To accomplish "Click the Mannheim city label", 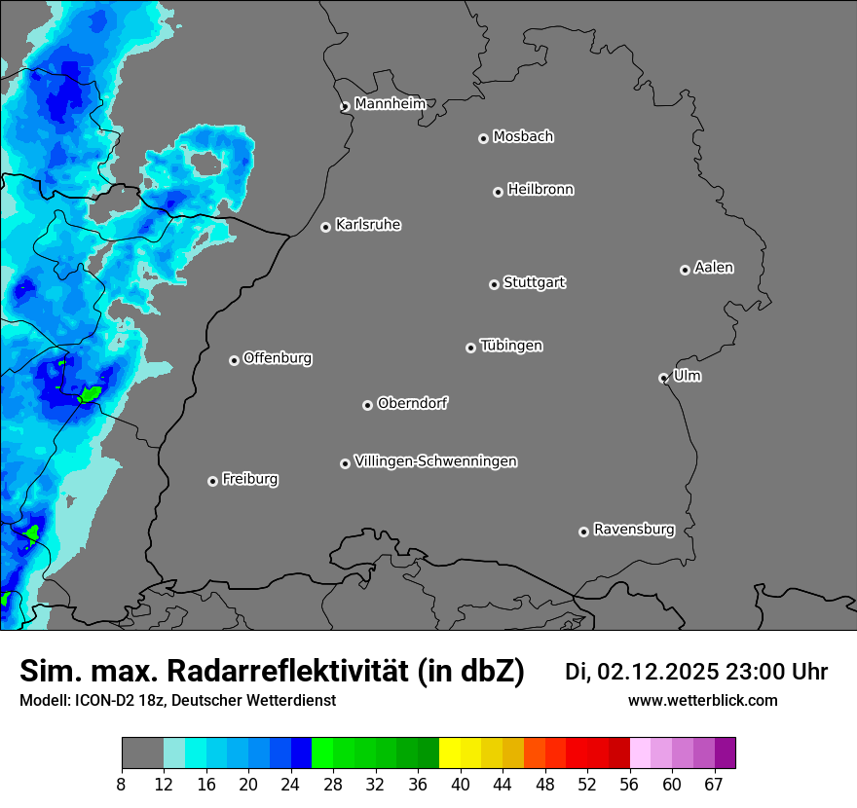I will pyautogui.click(x=390, y=104).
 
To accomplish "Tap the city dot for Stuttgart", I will pyautogui.click(x=494, y=284).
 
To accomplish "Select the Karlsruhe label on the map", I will pyautogui.click(x=368, y=225).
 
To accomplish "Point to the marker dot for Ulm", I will pyautogui.click(x=663, y=378).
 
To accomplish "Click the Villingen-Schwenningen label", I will pyautogui.click(x=435, y=461).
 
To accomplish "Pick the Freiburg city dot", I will pyautogui.click(x=212, y=481).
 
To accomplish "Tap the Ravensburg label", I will pyautogui.click(x=634, y=530).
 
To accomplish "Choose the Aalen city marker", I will pyautogui.click(x=685, y=270).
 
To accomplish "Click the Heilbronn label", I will pyautogui.click(x=540, y=190).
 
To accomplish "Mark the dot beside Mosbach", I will pyautogui.click(x=483, y=138).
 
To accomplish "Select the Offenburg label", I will pyautogui.click(x=278, y=358).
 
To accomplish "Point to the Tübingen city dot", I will pyautogui.click(x=470, y=348).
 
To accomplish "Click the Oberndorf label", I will pyautogui.click(x=413, y=403).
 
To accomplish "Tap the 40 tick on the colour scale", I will pyautogui.click(x=461, y=785).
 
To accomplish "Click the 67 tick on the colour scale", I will pyautogui.click(x=714, y=785).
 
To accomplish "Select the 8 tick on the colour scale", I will pyautogui.click(x=122, y=785).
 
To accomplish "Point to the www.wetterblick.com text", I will pyautogui.click(x=702, y=700).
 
